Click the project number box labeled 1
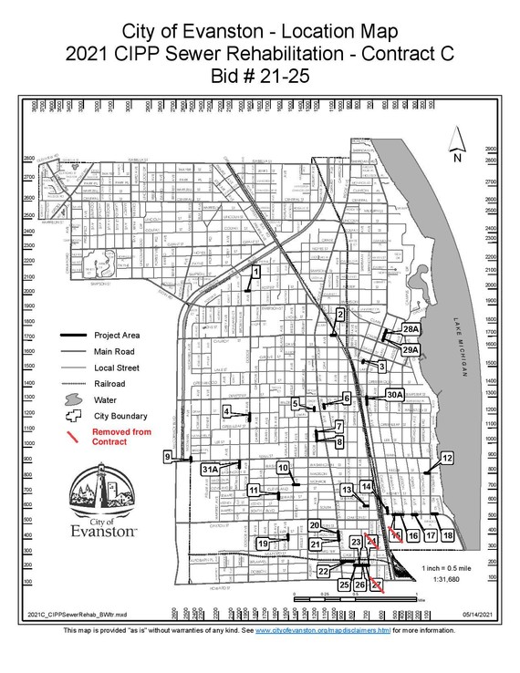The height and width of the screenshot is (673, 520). tap(256, 271)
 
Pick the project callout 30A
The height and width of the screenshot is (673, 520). tap(393, 394)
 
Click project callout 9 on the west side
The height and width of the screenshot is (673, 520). tap(168, 456)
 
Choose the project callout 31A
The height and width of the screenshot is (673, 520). tap(211, 469)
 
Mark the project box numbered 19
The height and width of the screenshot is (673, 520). tap(263, 544)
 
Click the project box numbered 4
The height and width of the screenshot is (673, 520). tap(226, 411)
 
